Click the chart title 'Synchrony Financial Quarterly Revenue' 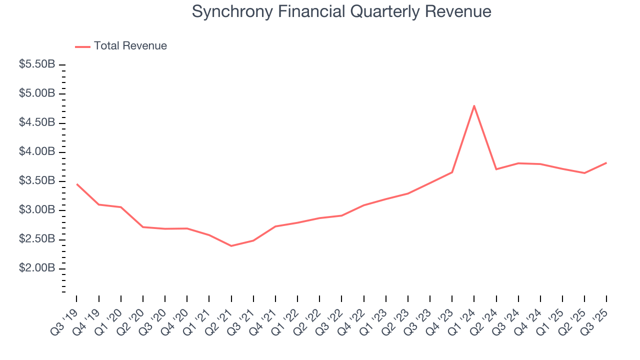pyautogui.click(x=341, y=11)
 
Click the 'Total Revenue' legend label pyautogui.click(x=130, y=46)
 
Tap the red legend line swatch pyautogui.click(x=82, y=46)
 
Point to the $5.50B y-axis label pyautogui.click(x=37, y=64)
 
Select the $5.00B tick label pyautogui.click(x=37, y=93)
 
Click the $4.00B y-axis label pyautogui.click(x=37, y=152)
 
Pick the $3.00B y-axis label pyautogui.click(x=37, y=210)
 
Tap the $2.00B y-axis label pyautogui.click(x=37, y=268)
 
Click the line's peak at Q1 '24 pyautogui.click(x=474, y=105)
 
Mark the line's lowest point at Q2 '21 pyautogui.click(x=231, y=246)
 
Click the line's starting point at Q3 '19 pyautogui.click(x=76, y=184)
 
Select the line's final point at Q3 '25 pyautogui.click(x=606, y=162)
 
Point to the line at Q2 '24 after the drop pyautogui.click(x=496, y=169)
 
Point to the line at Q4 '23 pyautogui.click(x=452, y=172)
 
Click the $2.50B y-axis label pyautogui.click(x=37, y=239)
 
